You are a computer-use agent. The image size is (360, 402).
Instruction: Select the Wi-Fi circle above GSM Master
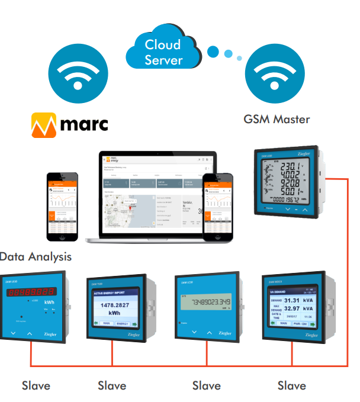click(277, 75)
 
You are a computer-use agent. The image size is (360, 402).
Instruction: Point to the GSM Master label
click(277, 119)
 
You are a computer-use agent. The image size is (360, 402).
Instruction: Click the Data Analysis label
click(36, 256)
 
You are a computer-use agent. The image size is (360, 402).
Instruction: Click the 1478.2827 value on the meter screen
click(114, 305)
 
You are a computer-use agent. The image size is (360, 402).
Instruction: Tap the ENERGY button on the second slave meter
click(123, 323)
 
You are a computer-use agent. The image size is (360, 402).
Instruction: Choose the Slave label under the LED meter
click(36, 385)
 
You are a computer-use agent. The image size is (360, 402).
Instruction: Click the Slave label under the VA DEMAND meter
click(292, 385)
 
